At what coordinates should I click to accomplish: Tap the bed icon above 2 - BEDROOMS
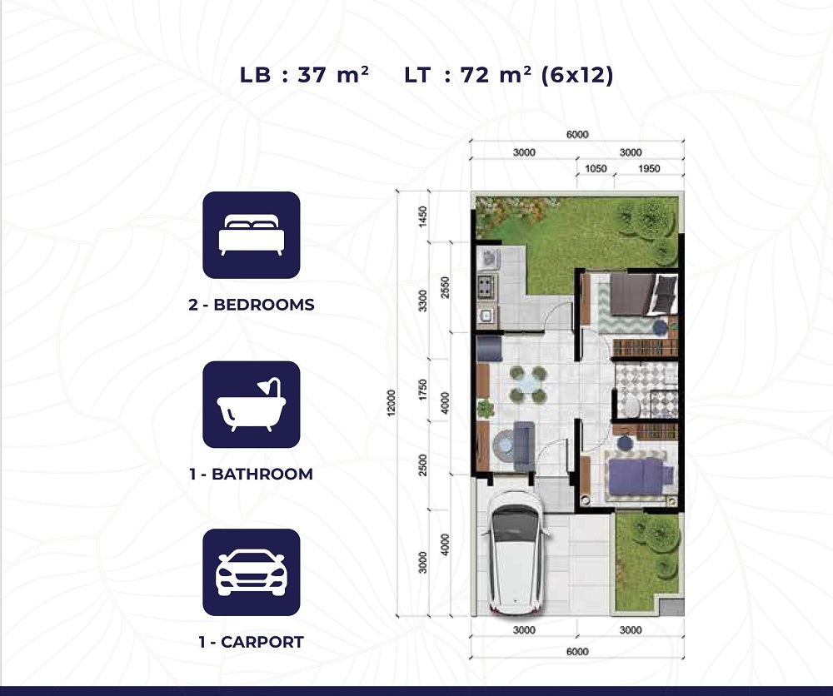[252, 235]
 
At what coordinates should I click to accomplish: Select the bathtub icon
[252, 404]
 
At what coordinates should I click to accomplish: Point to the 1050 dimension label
[596, 168]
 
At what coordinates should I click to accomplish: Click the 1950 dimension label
[649, 168]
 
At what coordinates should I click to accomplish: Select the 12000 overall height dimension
[392, 403]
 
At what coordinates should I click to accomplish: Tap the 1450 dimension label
[423, 216]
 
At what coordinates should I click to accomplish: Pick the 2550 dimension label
[445, 287]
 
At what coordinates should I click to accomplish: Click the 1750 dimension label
[423, 390]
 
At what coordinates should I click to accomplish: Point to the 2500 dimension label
[423, 465]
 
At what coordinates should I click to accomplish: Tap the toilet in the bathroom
[630, 406]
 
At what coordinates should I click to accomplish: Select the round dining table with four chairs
[528, 383]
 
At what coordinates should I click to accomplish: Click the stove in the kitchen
[486, 286]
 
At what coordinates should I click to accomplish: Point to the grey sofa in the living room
[523, 445]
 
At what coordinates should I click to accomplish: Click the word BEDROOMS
[264, 305]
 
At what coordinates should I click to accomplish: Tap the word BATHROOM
[262, 474]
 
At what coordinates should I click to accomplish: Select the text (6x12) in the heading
[577, 75]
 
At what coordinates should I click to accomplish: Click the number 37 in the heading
[312, 75]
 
